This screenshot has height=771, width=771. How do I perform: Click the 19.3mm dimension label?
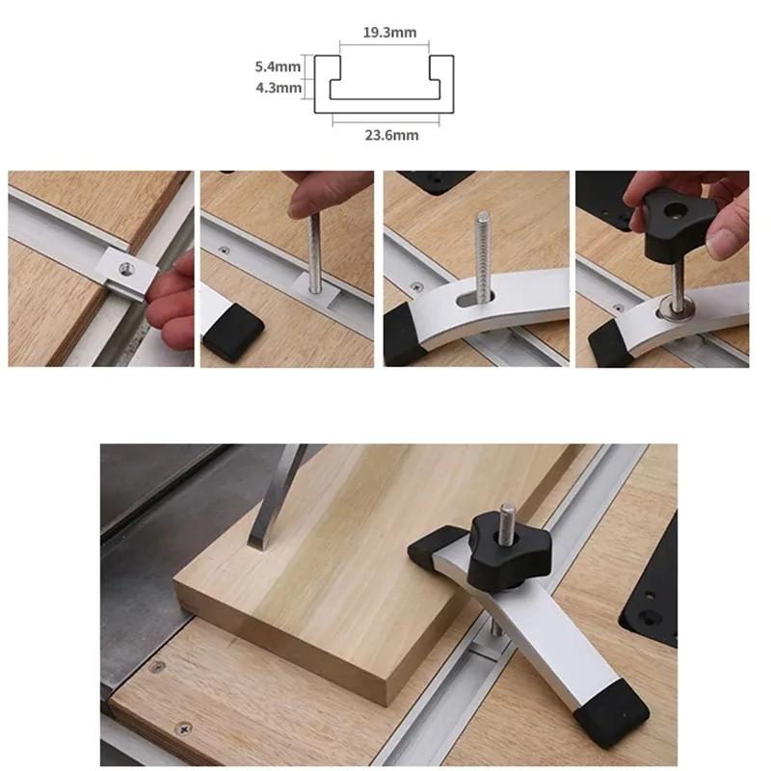tap(390, 33)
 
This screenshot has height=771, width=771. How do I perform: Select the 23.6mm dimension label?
tap(391, 136)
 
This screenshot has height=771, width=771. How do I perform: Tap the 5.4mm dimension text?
tap(278, 67)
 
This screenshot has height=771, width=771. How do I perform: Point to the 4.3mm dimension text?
tap(278, 89)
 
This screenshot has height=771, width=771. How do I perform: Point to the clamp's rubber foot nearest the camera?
tap(612, 714)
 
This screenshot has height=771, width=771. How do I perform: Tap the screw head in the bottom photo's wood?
tap(179, 731)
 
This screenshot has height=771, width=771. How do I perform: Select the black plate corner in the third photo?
tap(433, 181)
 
